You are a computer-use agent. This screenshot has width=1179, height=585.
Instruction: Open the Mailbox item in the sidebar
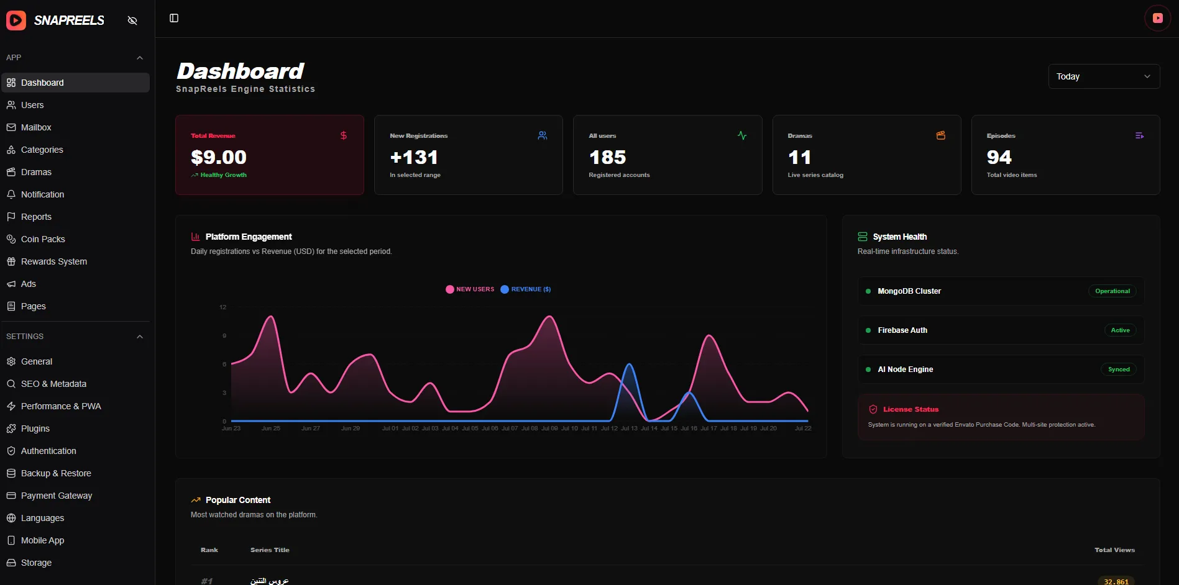pyautogui.click(x=36, y=127)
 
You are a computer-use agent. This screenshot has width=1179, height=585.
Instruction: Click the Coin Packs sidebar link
pyautogui.click(x=43, y=239)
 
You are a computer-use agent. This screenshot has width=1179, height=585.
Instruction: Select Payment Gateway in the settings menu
pyautogui.click(x=57, y=496)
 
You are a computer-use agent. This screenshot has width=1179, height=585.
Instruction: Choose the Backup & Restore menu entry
pyautogui.click(x=56, y=473)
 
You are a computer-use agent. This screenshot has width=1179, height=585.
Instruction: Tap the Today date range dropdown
pyautogui.click(x=1104, y=76)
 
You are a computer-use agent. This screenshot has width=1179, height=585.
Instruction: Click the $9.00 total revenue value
pyautogui.click(x=219, y=157)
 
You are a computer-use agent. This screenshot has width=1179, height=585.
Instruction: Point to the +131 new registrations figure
pyautogui.click(x=414, y=157)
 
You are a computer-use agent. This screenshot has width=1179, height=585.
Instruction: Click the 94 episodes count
pyautogui.click(x=999, y=157)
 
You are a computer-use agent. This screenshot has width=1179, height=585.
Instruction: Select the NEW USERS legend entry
pyautogui.click(x=470, y=289)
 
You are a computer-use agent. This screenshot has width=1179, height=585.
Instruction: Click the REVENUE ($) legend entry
pyautogui.click(x=526, y=289)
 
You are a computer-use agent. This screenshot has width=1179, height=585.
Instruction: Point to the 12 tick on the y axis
pyautogui.click(x=223, y=307)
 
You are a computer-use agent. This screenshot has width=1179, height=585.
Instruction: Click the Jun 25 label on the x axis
pyautogui.click(x=271, y=429)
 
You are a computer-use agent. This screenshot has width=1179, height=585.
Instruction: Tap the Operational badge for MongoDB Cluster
pyautogui.click(x=1112, y=291)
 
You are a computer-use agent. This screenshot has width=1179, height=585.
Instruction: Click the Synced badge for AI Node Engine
pyautogui.click(x=1119, y=370)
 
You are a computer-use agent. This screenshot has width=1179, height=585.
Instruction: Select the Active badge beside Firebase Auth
pyautogui.click(x=1120, y=330)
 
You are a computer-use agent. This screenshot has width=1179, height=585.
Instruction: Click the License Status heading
pyautogui.click(x=911, y=409)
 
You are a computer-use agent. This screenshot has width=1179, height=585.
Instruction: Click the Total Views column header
pyautogui.click(x=1114, y=550)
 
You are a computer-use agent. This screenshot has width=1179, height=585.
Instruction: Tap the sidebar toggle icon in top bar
pyautogui.click(x=174, y=18)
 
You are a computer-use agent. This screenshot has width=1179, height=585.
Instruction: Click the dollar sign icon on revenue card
pyautogui.click(x=344, y=135)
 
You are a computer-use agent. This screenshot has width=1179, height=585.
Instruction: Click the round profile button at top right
pyautogui.click(x=1157, y=18)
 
